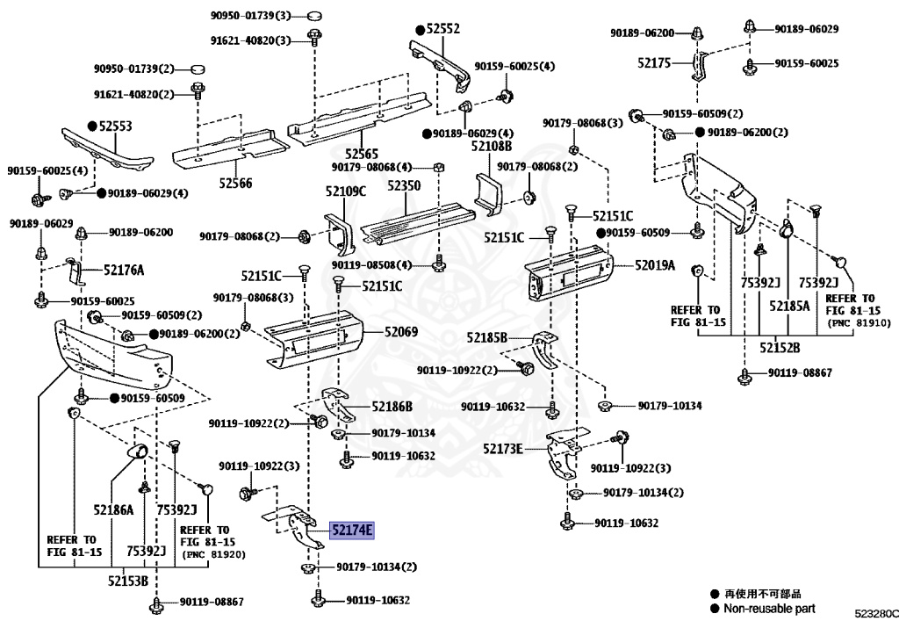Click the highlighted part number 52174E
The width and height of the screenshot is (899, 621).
[352, 530]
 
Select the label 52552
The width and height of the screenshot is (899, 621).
[443, 29]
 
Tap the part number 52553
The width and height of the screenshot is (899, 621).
[115, 126]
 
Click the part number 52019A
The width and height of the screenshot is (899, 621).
[655, 264]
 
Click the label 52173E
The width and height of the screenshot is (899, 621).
[502, 449]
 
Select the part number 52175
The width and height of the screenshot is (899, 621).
[654, 62]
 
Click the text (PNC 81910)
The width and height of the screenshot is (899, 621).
[852, 322]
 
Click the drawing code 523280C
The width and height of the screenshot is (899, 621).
[876, 611]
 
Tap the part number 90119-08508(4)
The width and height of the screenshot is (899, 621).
[372, 264]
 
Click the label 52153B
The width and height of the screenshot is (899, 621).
[128, 581]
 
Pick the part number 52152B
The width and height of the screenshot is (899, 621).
[780, 348]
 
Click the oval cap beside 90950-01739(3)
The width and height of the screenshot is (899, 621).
[315, 15]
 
